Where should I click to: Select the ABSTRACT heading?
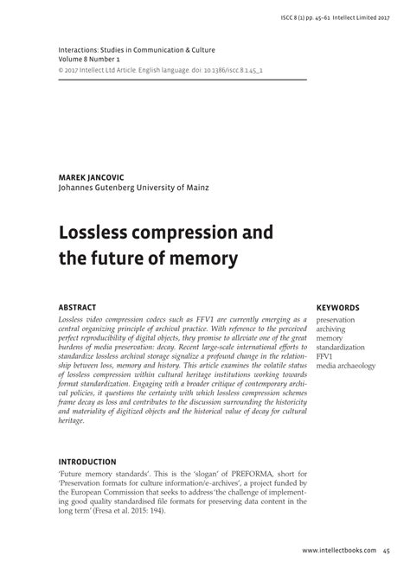point(76,307)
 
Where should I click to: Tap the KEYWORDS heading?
point(338,307)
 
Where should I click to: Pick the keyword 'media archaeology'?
point(346,366)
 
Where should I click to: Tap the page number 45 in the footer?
point(386,551)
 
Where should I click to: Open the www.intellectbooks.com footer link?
point(338,551)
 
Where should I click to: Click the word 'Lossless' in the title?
point(97,233)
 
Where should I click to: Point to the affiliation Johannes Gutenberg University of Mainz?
point(132,187)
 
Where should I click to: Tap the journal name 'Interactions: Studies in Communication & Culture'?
point(136,51)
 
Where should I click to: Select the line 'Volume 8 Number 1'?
point(93,61)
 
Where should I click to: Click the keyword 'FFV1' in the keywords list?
point(325,356)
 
